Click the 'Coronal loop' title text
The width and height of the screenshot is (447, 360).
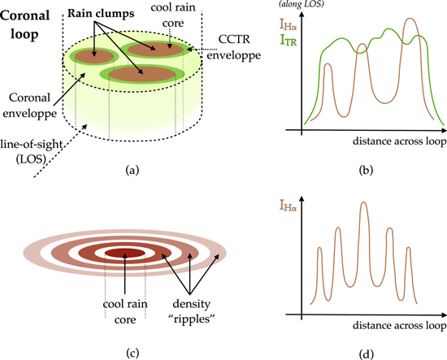tap(27, 22)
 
